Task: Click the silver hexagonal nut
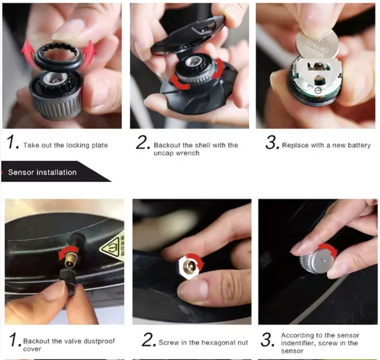tap(190, 268)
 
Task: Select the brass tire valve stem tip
tap(70, 260)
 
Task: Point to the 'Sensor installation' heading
tap(42, 172)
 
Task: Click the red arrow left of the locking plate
tap(27, 51)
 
